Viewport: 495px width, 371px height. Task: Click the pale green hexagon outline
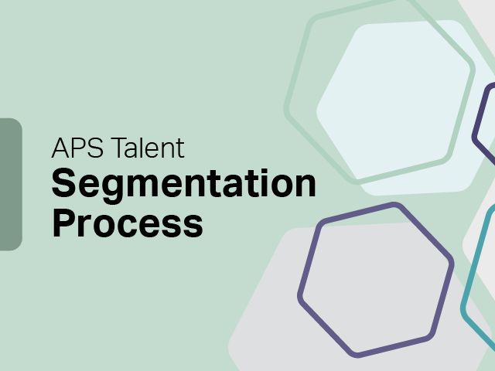pos(299,77)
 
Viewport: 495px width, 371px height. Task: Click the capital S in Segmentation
pos(63,184)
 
